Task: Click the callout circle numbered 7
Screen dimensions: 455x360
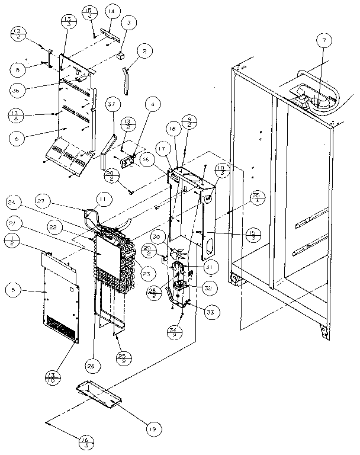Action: tap(324, 41)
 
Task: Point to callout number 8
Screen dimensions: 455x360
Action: tap(18, 69)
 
